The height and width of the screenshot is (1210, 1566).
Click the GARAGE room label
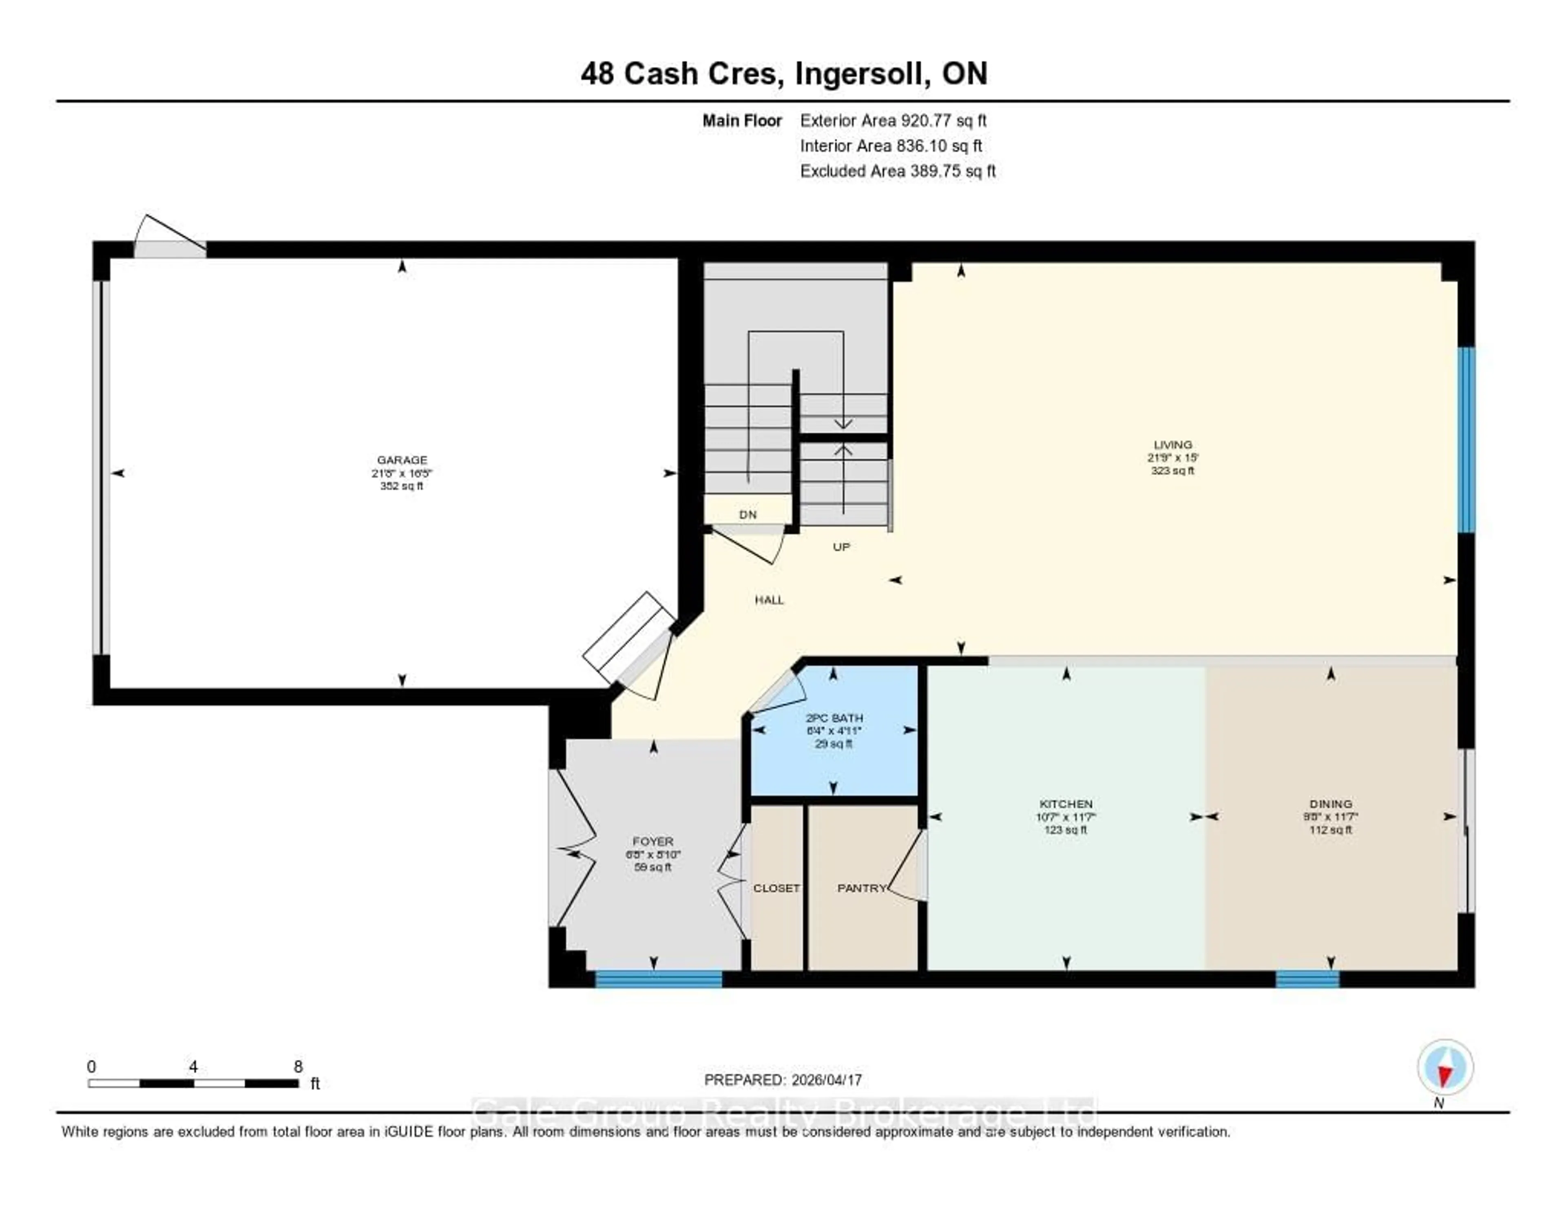point(402,460)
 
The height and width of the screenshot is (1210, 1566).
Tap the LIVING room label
point(1172,445)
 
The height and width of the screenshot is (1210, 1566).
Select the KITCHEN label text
point(1066,804)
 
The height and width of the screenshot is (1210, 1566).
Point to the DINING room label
point(1330,804)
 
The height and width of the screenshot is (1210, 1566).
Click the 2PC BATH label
point(834,718)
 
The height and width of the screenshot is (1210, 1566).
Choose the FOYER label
point(652,841)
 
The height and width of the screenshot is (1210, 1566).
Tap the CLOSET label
point(776,888)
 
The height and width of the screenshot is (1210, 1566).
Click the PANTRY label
point(861,888)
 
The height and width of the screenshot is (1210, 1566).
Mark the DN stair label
point(748,514)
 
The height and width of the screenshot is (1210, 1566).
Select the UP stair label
point(841,547)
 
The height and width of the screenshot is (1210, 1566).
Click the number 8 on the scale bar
point(298,1066)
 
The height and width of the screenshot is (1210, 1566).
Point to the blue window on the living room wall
point(1467,440)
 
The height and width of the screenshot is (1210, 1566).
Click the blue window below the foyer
point(658,979)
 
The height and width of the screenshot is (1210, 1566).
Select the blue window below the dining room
point(1307,979)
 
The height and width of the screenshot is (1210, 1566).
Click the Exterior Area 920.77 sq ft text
point(893,120)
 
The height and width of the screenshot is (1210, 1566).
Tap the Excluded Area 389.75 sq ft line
point(897,171)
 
